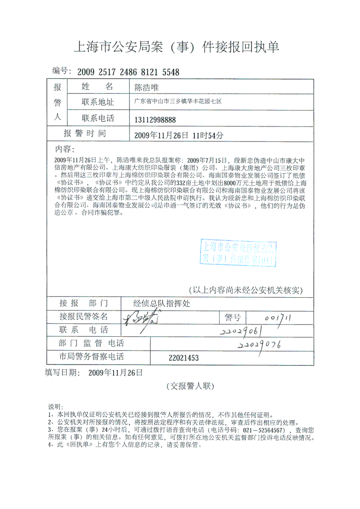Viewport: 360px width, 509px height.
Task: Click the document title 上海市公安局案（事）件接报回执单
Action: click(x=177, y=48)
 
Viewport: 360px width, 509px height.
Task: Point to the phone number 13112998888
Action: click(x=155, y=120)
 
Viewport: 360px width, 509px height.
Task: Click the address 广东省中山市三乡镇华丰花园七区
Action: click(x=178, y=102)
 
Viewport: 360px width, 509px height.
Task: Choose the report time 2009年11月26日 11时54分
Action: click(x=178, y=135)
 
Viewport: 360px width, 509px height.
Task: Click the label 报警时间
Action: click(x=85, y=134)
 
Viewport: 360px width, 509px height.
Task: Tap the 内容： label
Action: click(x=65, y=149)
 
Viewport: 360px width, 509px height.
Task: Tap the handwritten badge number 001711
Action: click(x=276, y=317)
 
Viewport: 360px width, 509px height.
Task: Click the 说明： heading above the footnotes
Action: click(x=55, y=407)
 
